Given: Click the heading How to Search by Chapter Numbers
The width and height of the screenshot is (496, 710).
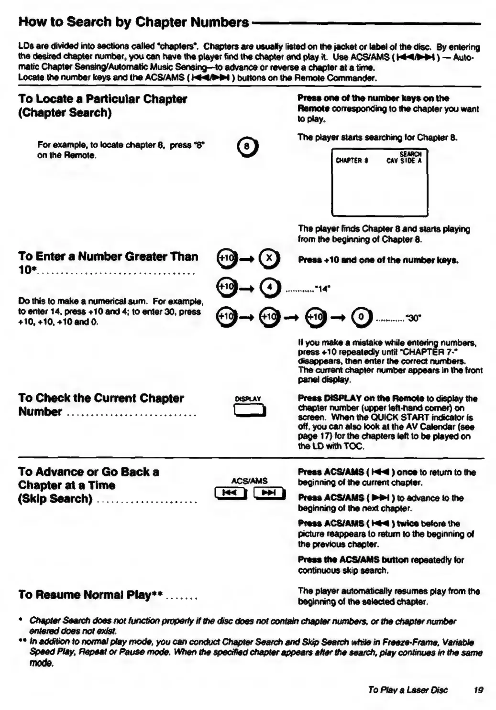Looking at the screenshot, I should click(133, 22).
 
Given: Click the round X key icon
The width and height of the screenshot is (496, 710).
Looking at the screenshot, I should click(269, 258).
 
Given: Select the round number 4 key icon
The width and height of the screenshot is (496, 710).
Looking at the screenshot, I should click(270, 288).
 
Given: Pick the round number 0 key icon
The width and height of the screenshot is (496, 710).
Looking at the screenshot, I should click(362, 317).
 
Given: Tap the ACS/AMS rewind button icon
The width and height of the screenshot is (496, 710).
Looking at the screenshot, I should click(231, 493).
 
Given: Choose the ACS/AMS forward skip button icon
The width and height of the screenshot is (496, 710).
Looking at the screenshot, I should click(269, 493).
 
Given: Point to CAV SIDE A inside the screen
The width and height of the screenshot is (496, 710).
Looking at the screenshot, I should click(404, 161).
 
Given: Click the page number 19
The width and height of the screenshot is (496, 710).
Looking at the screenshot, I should click(478, 689).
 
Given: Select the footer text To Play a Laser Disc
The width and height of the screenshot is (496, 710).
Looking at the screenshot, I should click(408, 689).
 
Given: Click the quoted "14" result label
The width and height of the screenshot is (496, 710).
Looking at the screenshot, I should click(323, 289).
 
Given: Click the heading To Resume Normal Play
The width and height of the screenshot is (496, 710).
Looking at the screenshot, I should click(90, 595).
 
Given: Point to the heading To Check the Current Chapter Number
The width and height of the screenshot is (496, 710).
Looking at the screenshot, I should click(101, 405).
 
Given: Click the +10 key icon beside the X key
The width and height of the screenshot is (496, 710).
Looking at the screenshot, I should click(226, 258).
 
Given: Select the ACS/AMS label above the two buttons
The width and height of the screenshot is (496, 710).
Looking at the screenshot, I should click(249, 481).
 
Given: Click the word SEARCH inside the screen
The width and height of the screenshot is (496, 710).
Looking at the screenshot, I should click(410, 154).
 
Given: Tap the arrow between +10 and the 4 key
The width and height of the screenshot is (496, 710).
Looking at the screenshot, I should click(246, 288).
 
